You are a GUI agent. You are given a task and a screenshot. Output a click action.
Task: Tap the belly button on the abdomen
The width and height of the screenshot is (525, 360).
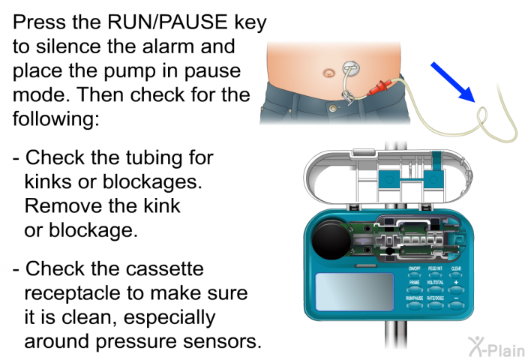pos(328,73)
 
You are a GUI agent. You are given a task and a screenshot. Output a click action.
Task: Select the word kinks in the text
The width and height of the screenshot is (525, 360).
pos(55,181)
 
